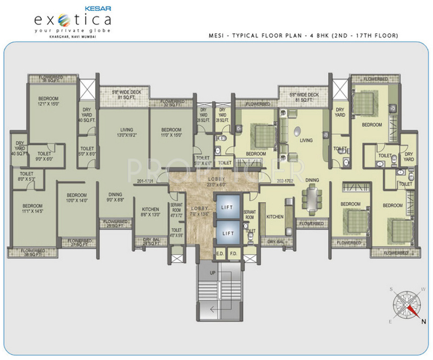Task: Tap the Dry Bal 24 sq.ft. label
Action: point(150,241)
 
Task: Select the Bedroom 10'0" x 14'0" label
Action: point(76,198)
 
